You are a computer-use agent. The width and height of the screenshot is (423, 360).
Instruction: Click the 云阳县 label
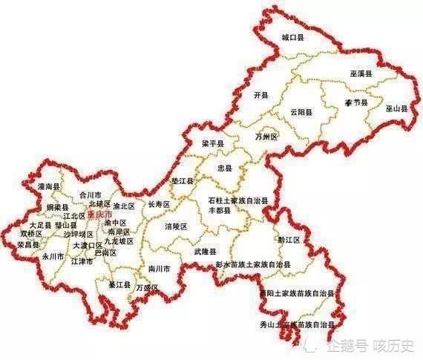301,112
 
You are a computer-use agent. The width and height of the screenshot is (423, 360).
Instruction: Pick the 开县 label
259,96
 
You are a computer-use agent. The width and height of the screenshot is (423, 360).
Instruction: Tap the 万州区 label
266,137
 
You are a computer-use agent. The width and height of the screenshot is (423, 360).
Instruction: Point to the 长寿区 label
159,204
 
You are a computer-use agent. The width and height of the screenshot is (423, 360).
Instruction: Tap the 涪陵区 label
176,226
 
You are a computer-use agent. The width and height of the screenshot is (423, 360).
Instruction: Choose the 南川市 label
160,268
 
